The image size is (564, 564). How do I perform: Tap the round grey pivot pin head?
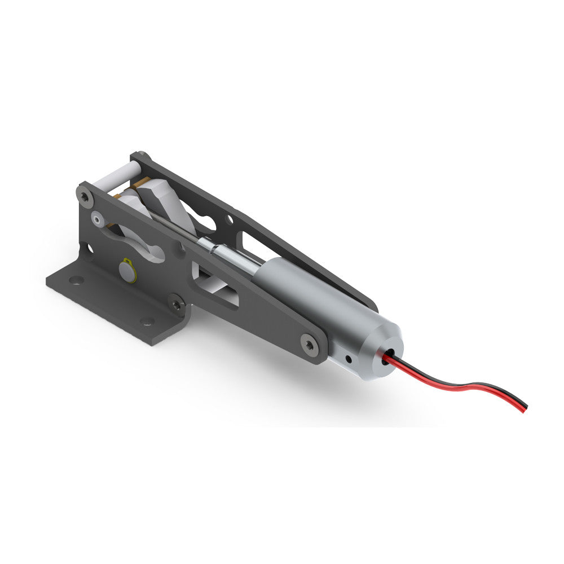[x=129, y=272]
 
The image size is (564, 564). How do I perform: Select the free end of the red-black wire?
[x=525, y=407]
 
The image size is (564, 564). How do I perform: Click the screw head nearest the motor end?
[x=309, y=343]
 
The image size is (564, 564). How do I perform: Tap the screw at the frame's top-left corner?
[x=85, y=196]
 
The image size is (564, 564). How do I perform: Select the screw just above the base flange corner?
[x=177, y=305]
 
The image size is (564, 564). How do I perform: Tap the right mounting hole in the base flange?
[x=147, y=321]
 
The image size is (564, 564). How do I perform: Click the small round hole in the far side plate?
[x=230, y=219]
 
